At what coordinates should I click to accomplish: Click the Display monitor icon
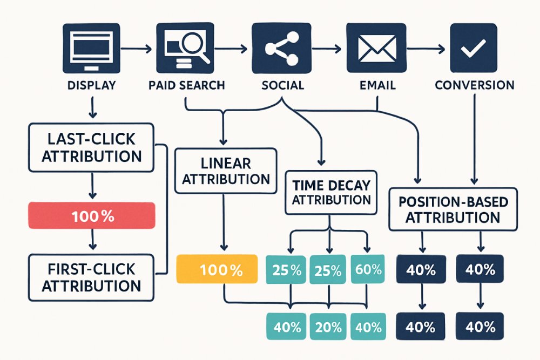click(91, 48)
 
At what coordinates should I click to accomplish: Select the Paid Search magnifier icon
click(185, 48)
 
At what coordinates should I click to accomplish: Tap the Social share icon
click(281, 48)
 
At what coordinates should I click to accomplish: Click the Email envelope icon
click(376, 48)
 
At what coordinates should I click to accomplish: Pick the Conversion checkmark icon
click(474, 48)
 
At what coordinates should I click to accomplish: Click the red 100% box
click(92, 215)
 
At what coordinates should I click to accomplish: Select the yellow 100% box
click(217, 269)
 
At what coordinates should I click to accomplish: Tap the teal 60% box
click(368, 269)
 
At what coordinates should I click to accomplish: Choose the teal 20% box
click(328, 327)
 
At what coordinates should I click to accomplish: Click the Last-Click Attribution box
click(91, 148)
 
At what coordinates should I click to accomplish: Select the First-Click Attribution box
click(91, 277)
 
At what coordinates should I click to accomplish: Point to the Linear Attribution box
click(226, 171)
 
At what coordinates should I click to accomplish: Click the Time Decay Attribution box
click(331, 192)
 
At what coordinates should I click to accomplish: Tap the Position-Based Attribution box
click(453, 209)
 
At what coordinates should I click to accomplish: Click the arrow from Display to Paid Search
click(137, 49)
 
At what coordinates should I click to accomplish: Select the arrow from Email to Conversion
click(426, 49)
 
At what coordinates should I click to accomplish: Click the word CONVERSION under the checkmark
click(475, 85)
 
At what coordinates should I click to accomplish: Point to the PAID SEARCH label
click(187, 85)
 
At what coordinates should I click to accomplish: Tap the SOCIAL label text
click(283, 85)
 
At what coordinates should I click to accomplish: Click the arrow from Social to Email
click(327, 49)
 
